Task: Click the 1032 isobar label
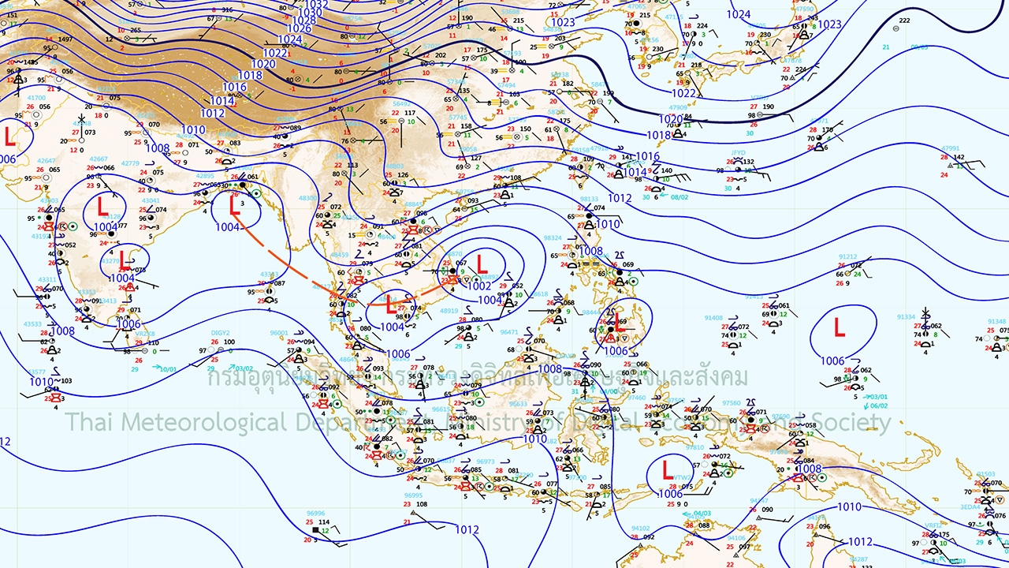pos(316,4)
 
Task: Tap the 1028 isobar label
pos(304,21)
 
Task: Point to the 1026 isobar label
pos(299,29)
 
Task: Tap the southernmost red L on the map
pos(668,471)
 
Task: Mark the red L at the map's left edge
pos(9,136)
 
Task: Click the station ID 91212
pos(847,256)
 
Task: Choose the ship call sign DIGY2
pos(220,333)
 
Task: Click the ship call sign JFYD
pos(738,152)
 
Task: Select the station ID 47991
pos(951,148)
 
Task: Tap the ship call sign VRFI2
pos(933,525)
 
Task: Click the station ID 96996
pos(315,513)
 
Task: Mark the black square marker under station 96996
pos(315,530)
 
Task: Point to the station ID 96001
pos(279,333)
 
